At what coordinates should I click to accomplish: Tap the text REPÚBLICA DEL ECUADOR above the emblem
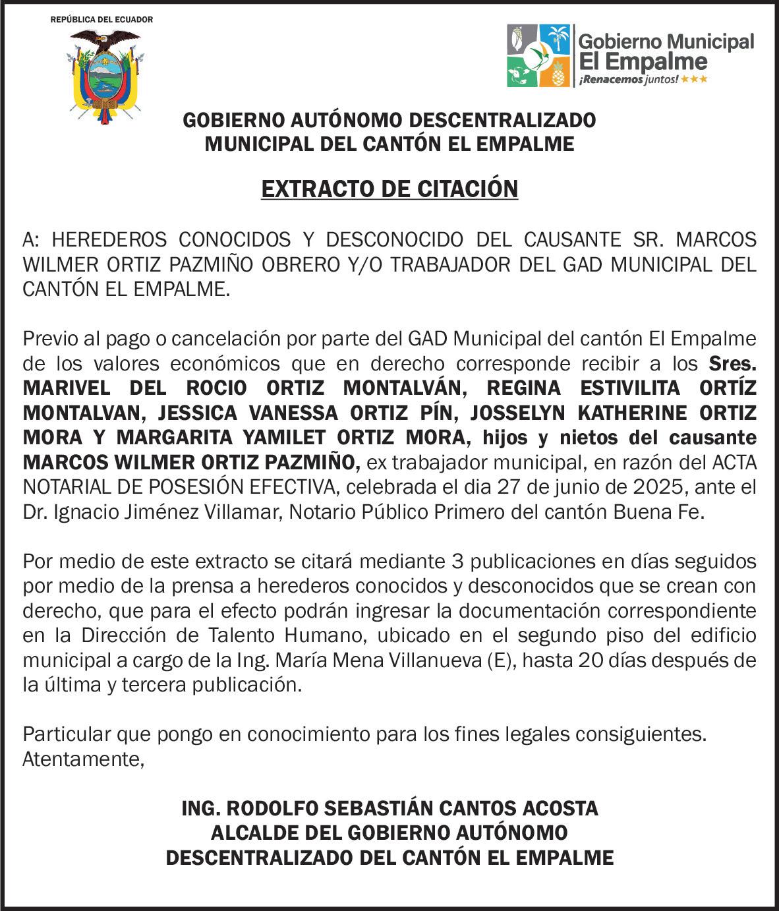pyautogui.click(x=101, y=20)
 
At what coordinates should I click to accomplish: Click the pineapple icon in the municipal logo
pyautogui.click(x=558, y=73)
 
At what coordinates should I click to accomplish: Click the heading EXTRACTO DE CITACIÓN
pyautogui.click(x=389, y=189)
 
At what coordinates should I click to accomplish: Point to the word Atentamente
pyautogui.click(x=83, y=759)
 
